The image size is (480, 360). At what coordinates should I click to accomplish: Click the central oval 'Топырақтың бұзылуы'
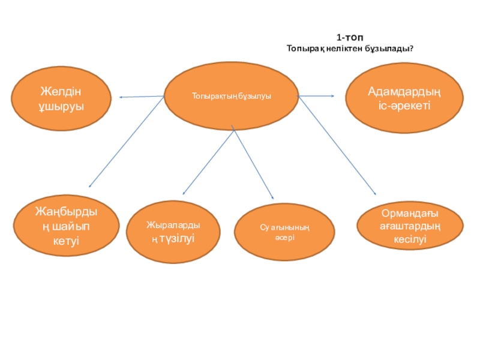pyautogui.click(x=231, y=96)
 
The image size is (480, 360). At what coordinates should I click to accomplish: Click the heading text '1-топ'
pyautogui.click(x=349, y=37)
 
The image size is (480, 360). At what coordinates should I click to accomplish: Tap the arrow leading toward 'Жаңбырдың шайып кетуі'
pyautogui.click(x=127, y=142)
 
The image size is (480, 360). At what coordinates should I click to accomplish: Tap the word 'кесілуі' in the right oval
pyautogui.click(x=410, y=239)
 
